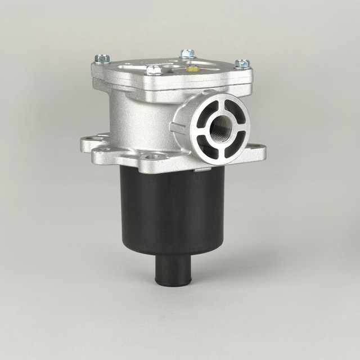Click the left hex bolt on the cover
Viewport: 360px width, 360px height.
pyautogui.click(x=102, y=58)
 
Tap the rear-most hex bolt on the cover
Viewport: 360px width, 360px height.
pyautogui.click(x=188, y=54)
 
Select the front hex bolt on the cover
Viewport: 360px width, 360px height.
pyautogui.click(x=154, y=70)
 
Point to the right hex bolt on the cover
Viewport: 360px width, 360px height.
pyautogui.click(x=242, y=64)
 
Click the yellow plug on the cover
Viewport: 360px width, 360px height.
pyautogui.click(x=192, y=69)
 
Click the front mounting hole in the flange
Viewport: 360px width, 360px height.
pyautogui.click(x=152, y=156)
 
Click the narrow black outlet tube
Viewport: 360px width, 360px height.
pyautogui.click(x=173, y=270)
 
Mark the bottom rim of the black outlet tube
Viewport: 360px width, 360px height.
pyautogui.click(x=173, y=283)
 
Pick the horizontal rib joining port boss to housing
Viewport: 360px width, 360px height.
pyautogui.click(x=177, y=127)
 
